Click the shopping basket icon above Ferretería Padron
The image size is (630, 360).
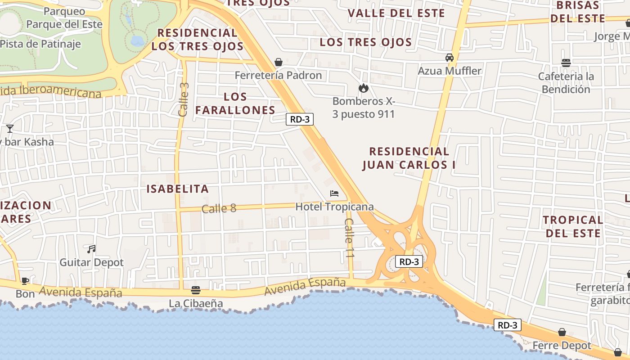pyautogui.click(x=279, y=62)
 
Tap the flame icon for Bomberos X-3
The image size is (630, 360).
pyautogui.click(x=363, y=88)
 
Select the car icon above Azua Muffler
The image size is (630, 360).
pyautogui.click(x=449, y=58)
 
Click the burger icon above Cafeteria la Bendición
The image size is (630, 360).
pyautogui.click(x=566, y=63)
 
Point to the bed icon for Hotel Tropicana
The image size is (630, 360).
pyautogui.click(x=334, y=193)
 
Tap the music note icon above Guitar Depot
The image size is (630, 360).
pyautogui.click(x=91, y=249)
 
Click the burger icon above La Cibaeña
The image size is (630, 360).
pyautogui.click(x=195, y=290)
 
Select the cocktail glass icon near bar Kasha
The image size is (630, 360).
pyautogui.click(x=10, y=129)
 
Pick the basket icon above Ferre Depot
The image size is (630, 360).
pyautogui.click(x=562, y=333)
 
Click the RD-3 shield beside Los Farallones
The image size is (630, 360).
pyautogui.click(x=299, y=119)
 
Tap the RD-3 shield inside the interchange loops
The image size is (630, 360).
pyautogui.click(x=409, y=261)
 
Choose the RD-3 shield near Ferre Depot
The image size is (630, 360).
pyautogui.click(x=508, y=325)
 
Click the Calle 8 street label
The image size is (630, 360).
pyautogui.click(x=219, y=208)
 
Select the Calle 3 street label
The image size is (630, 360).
pyautogui.click(x=184, y=99)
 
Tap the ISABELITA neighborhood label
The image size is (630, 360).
pyautogui.click(x=178, y=189)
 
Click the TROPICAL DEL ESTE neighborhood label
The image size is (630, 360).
pyautogui.click(x=572, y=226)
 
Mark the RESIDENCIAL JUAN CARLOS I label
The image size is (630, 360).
pyautogui.click(x=409, y=158)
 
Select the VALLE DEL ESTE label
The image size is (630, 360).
pyautogui.click(x=396, y=13)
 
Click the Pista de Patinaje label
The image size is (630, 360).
pyautogui.click(x=40, y=44)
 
